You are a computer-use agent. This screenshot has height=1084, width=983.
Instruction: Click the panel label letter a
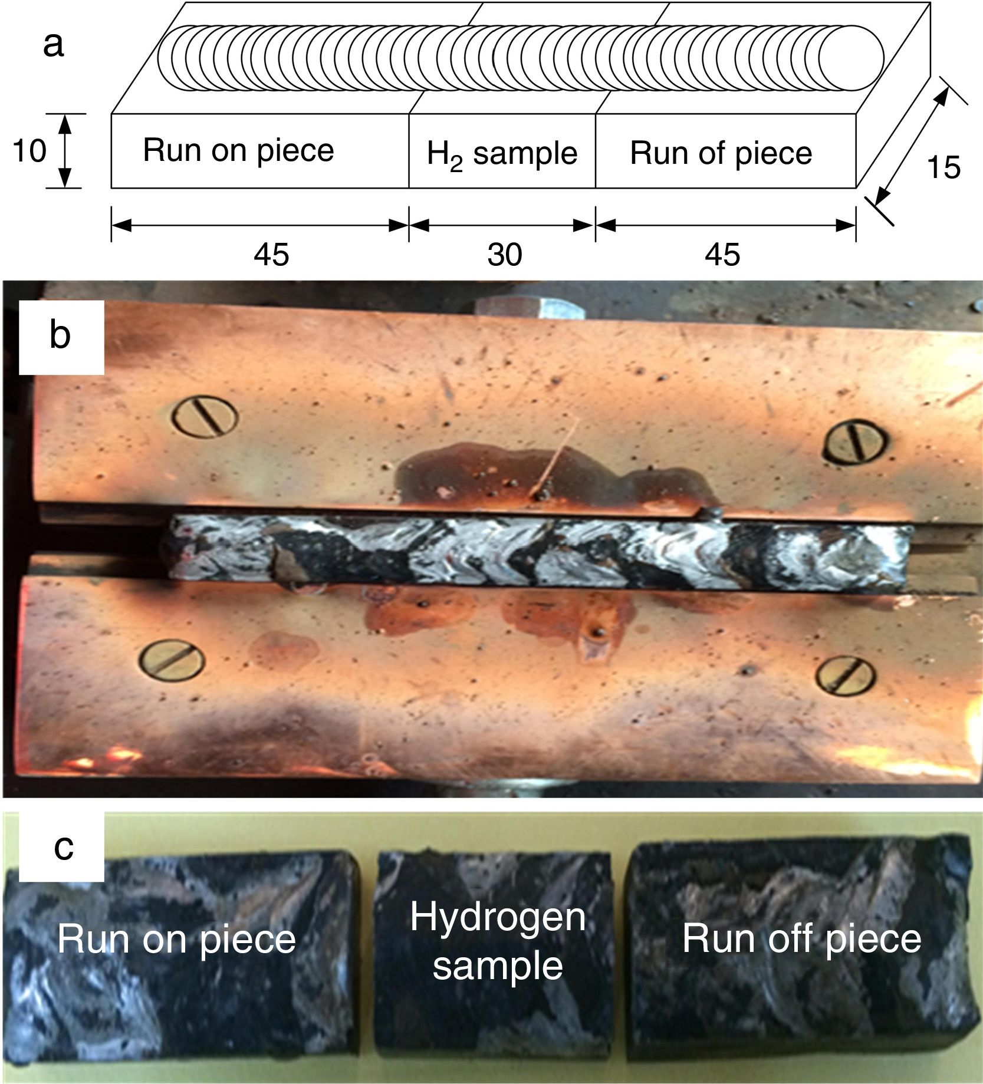tap(53, 45)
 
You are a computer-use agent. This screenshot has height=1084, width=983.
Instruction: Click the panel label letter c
tap(63, 848)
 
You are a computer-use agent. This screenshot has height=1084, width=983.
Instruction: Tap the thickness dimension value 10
tap(29, 151)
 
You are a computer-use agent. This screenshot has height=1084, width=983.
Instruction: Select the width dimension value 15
tap(943, 167)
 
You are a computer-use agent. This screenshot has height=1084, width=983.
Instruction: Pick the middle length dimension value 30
tap(505, 255)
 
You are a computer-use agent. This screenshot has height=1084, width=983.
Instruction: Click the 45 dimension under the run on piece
tap(272, 255)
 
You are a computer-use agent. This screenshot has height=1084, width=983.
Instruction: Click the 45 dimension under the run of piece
tap(723, 255)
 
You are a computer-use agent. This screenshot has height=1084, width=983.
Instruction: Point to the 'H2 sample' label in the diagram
tap(502, 154)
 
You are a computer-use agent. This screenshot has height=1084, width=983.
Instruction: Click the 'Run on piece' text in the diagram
tap(238, 150)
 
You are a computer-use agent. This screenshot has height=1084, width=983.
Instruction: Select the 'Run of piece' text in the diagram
tap(721, 153)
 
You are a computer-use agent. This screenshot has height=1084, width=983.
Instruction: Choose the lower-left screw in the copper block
tap(172, 664)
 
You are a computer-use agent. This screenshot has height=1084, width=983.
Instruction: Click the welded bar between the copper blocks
tap(537, 548)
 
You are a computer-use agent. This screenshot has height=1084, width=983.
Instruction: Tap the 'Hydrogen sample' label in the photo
tap(498, 941)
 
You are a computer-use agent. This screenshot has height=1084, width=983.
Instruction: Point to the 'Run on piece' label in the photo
tap(176, 940)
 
